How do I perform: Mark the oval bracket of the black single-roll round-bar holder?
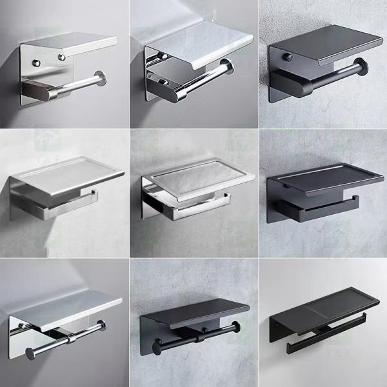pyautogui.click(x=288, y=82)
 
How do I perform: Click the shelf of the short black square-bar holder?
pyautogui.click(x=322, y=175)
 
